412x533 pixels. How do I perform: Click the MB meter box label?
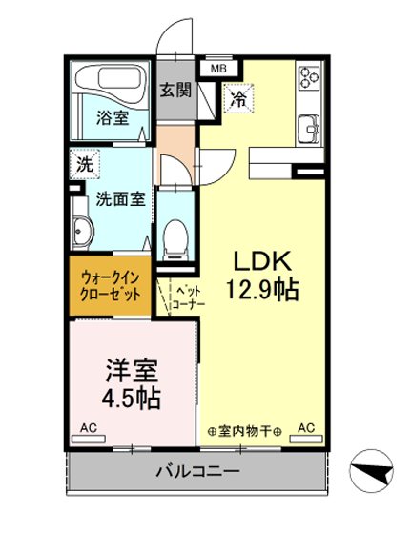click(x=218, y=69)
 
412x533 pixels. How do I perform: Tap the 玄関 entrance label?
click(x=175, y=92)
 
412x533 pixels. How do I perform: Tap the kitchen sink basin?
click(x=310, y=128)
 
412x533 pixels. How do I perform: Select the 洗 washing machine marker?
click(x=85, y=164)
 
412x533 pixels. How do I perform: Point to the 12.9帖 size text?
click(x=257, y=288)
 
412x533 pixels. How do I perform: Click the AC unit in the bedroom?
click(x=89, y=428)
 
